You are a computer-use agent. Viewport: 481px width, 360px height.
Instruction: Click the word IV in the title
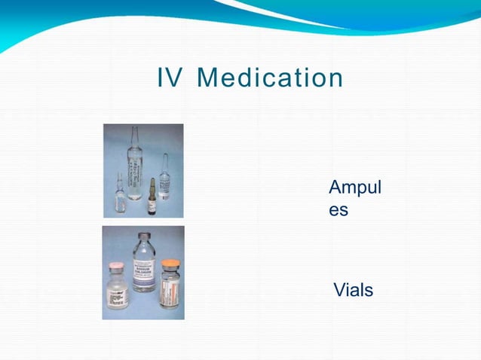coord(170,78)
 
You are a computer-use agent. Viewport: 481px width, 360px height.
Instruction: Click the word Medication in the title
coord(270,78)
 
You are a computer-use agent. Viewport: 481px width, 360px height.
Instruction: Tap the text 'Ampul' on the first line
coord(354,188)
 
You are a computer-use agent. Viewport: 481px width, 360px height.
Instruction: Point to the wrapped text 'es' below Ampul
coord(339,209)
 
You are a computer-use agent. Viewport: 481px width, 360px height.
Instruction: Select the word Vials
coord(353,290)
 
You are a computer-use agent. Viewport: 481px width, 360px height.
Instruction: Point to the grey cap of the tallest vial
coord(142,239)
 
